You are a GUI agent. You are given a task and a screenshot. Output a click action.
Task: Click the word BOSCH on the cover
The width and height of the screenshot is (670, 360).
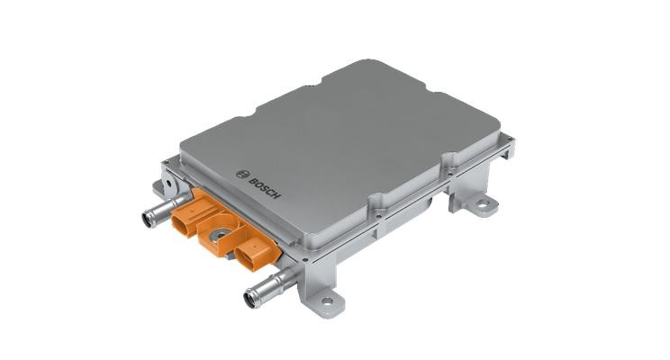click(x=265, y=188)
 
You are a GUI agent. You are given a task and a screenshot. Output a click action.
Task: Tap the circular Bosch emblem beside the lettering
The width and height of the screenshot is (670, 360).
click(x=242, y=174)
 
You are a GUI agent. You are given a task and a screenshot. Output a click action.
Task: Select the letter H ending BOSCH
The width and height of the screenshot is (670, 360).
click(x=276, y=195)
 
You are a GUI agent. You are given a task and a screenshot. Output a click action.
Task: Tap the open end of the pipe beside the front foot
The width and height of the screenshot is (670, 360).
click(x=250, y=298)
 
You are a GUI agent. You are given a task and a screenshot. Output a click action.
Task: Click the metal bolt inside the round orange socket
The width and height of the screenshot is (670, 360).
click(x=221, y=234)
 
